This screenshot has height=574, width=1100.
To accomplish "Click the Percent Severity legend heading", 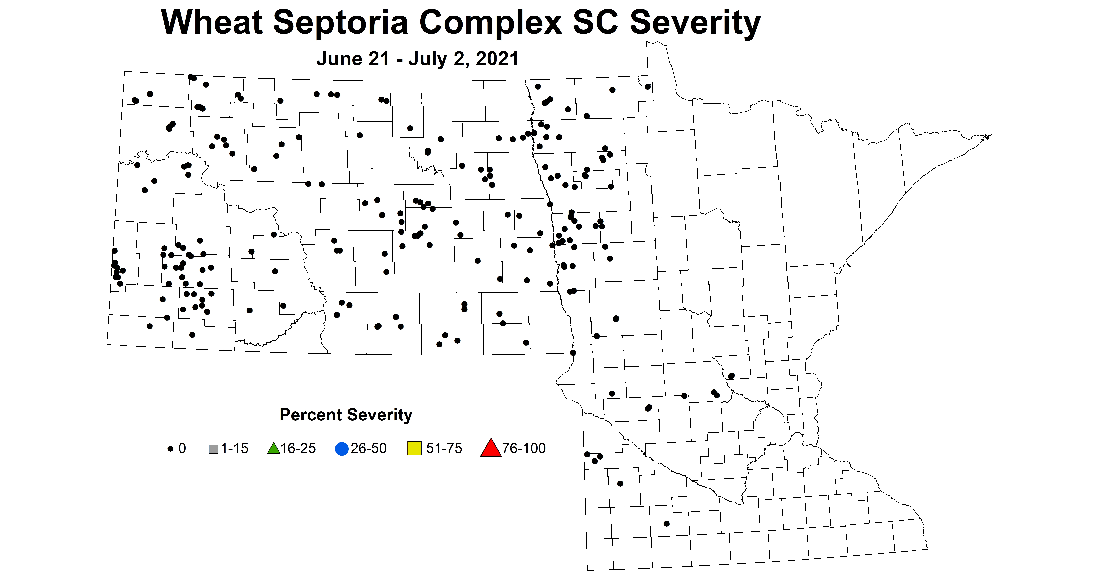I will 346,415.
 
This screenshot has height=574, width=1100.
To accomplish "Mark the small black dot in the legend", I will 170,449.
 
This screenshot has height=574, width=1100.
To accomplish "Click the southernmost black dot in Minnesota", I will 667,524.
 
